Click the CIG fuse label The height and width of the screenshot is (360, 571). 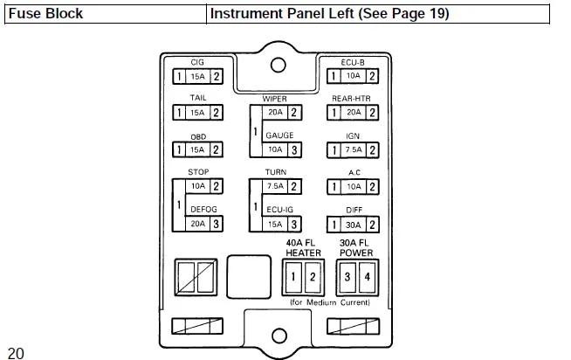tap(197, 63)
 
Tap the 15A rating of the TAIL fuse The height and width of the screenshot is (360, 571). tap(197, 113)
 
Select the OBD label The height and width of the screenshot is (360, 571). tap(197, 137)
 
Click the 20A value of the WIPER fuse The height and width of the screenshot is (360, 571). tap(275, 113)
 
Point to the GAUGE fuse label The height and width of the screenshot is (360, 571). tap(279, 135)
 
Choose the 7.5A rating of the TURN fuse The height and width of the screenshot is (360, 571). tap(275, 187)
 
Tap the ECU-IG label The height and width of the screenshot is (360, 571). tap(279, 210)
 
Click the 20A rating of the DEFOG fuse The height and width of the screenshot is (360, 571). tap(197, 224)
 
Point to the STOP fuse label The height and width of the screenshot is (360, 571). tap(197, 173)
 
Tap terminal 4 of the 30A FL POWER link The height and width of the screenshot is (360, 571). tap(367, 277)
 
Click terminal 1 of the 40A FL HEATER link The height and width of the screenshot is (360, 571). tap(294, 277)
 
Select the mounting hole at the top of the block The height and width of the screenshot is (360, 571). tap(279, 65)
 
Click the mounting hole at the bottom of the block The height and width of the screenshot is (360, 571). tap(279, 336)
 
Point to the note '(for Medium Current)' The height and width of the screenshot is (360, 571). tap(329, 302)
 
